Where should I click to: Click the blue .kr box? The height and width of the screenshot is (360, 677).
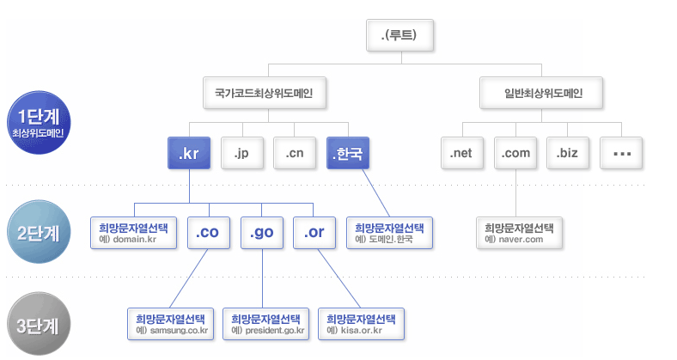188,154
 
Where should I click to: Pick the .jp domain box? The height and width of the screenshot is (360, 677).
241,154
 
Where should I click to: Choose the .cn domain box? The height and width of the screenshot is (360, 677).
295,154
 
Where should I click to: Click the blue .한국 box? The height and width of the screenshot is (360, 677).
347,154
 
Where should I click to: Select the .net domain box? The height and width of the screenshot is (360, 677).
462,154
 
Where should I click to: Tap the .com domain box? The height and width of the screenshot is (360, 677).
515,154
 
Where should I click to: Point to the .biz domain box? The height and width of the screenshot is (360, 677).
568,154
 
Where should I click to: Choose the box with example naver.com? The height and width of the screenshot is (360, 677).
519,233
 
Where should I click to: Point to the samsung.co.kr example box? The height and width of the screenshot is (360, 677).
170,323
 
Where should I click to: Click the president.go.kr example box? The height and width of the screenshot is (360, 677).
266,323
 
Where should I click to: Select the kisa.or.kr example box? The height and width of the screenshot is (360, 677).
361,323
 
